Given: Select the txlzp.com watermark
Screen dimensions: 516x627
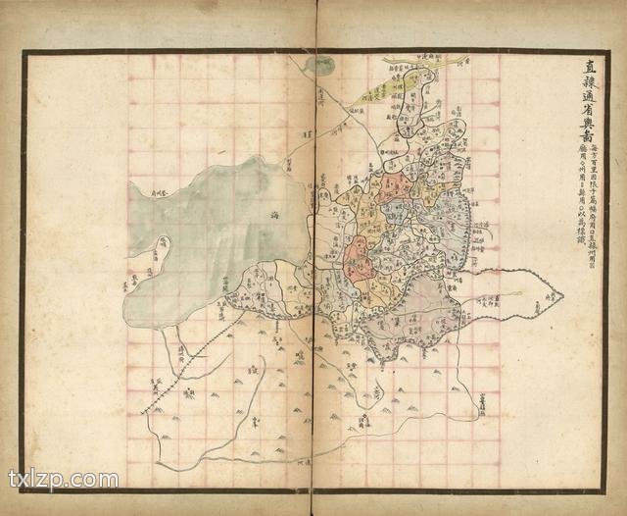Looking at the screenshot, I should [64, 480].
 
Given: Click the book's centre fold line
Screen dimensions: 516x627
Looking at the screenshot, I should [314, 294].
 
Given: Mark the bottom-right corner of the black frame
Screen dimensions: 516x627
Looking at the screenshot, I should [604, 490].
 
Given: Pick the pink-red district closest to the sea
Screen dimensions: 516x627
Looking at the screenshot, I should [357, 260].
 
